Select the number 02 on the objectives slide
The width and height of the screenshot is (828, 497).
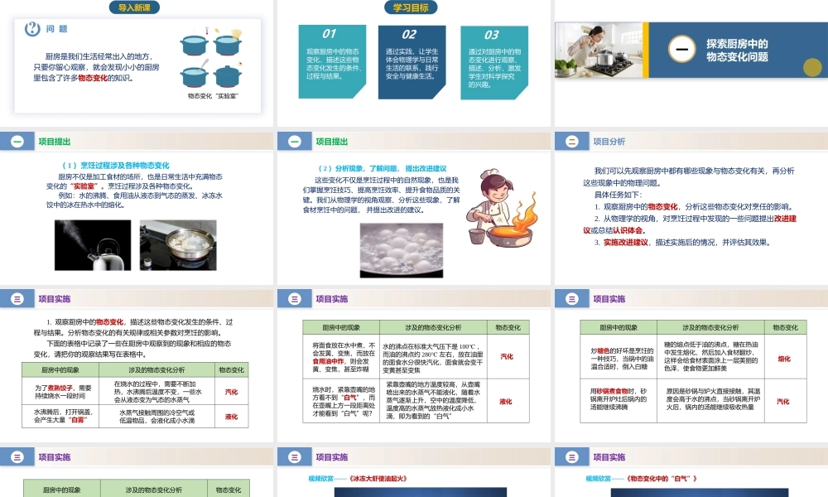[x=409, y=35]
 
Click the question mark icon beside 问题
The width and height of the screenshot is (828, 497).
[x=33, y=28]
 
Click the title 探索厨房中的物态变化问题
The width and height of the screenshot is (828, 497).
[x=737, y=51]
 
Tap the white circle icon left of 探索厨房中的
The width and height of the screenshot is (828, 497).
[x=681, y=51]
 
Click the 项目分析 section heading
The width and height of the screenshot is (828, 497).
[x=609, y=142]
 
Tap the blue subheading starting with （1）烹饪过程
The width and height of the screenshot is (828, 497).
[x=117, y=166]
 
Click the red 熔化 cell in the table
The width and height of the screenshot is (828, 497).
[x=784, y=359]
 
